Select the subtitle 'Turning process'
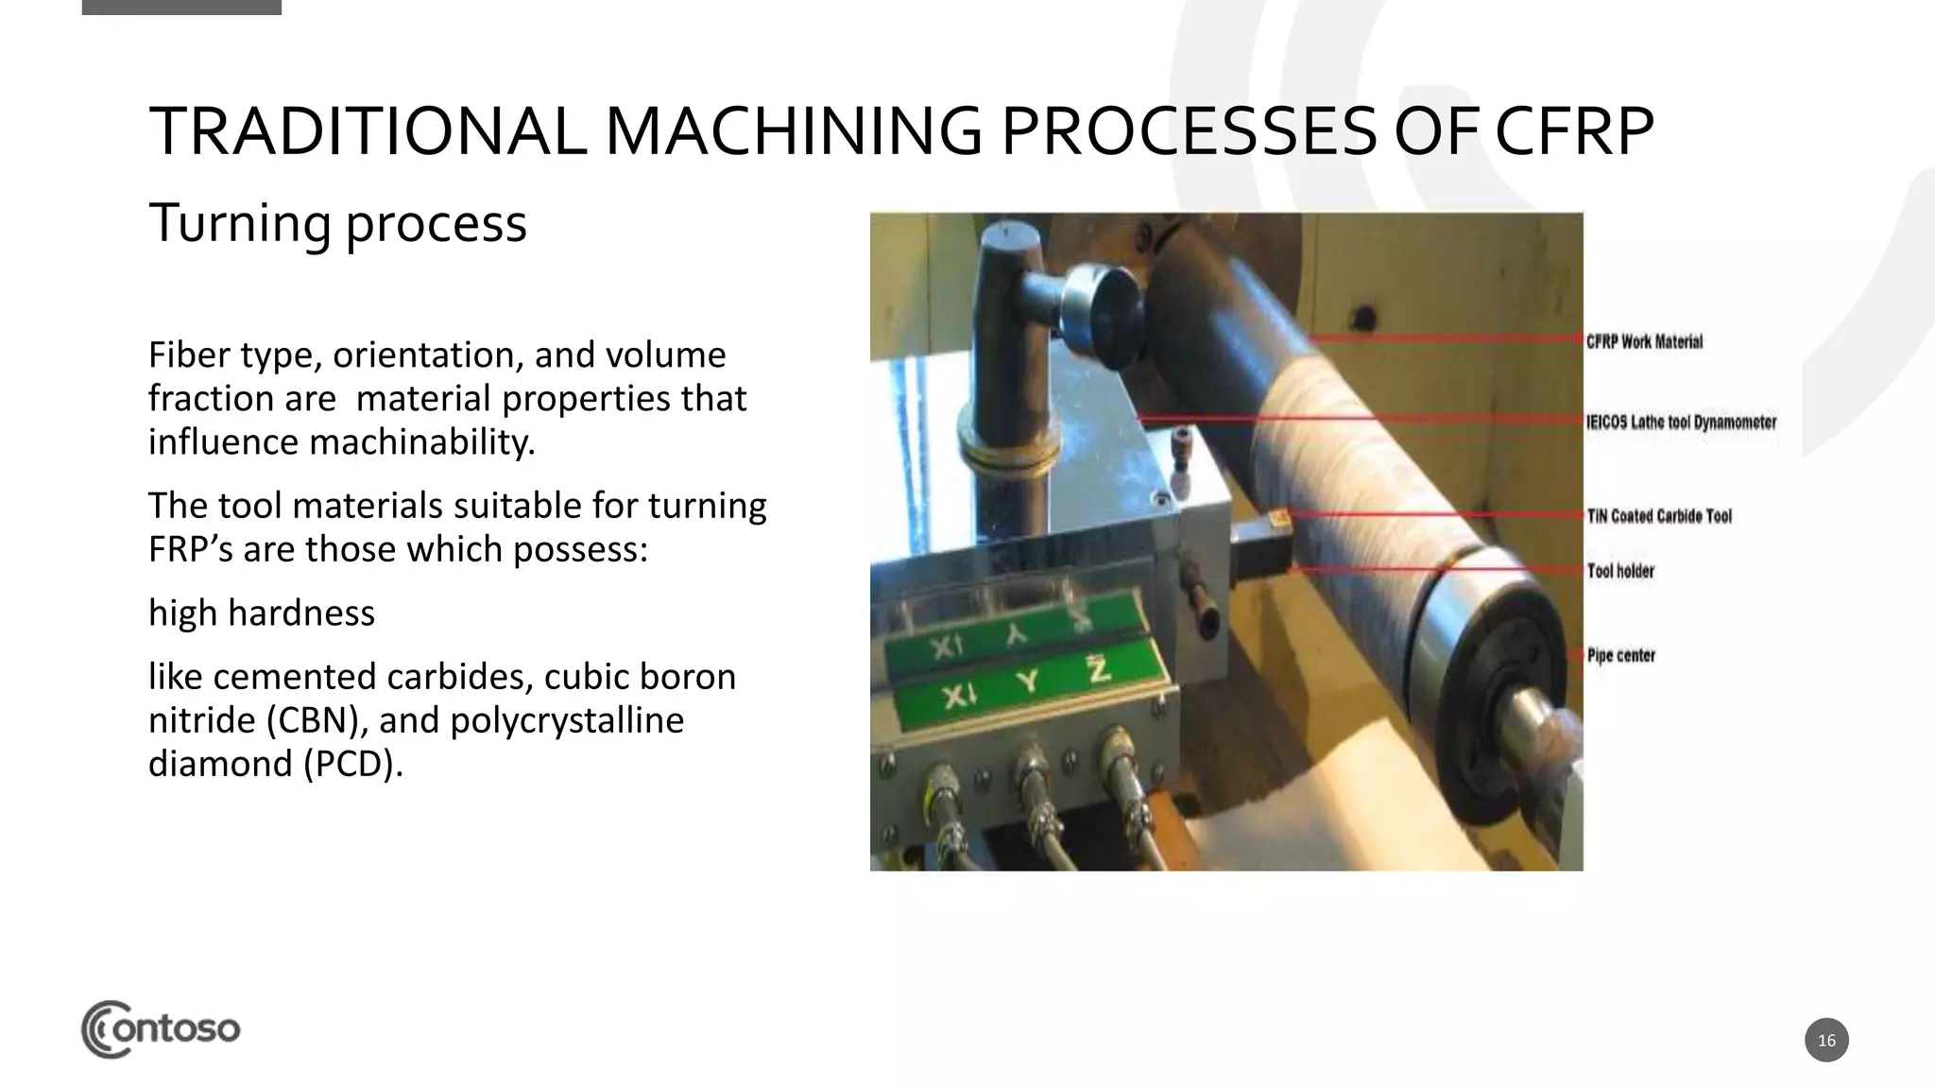pyautogui.click(x=337, y=223)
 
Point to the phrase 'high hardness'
pyautogui.click(x=262, y=613)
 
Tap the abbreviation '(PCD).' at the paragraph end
pyautogui.click(x=353, y=764)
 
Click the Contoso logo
pyautogui.click(x=161, y=1028)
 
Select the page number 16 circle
pyautogui.click(x=1825, y=1040)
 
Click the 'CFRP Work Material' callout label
pyautogui.click(x=1644, y=341)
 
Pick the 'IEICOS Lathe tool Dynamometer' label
pyautogui.click(x=1682, y=422)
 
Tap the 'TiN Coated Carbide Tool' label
pyautogui.click(x=1659, y=516)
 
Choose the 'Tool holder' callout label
pyautogui.click(x=1620, y=571)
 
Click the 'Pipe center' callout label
pyautogui.click(x=1621, y=655)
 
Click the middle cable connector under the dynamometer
pyautogui.click(x=1031, y=770)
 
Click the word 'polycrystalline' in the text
pyautogui.click(x=567, y=720)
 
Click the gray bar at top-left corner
pyautogui.click(x=181, y=7)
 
